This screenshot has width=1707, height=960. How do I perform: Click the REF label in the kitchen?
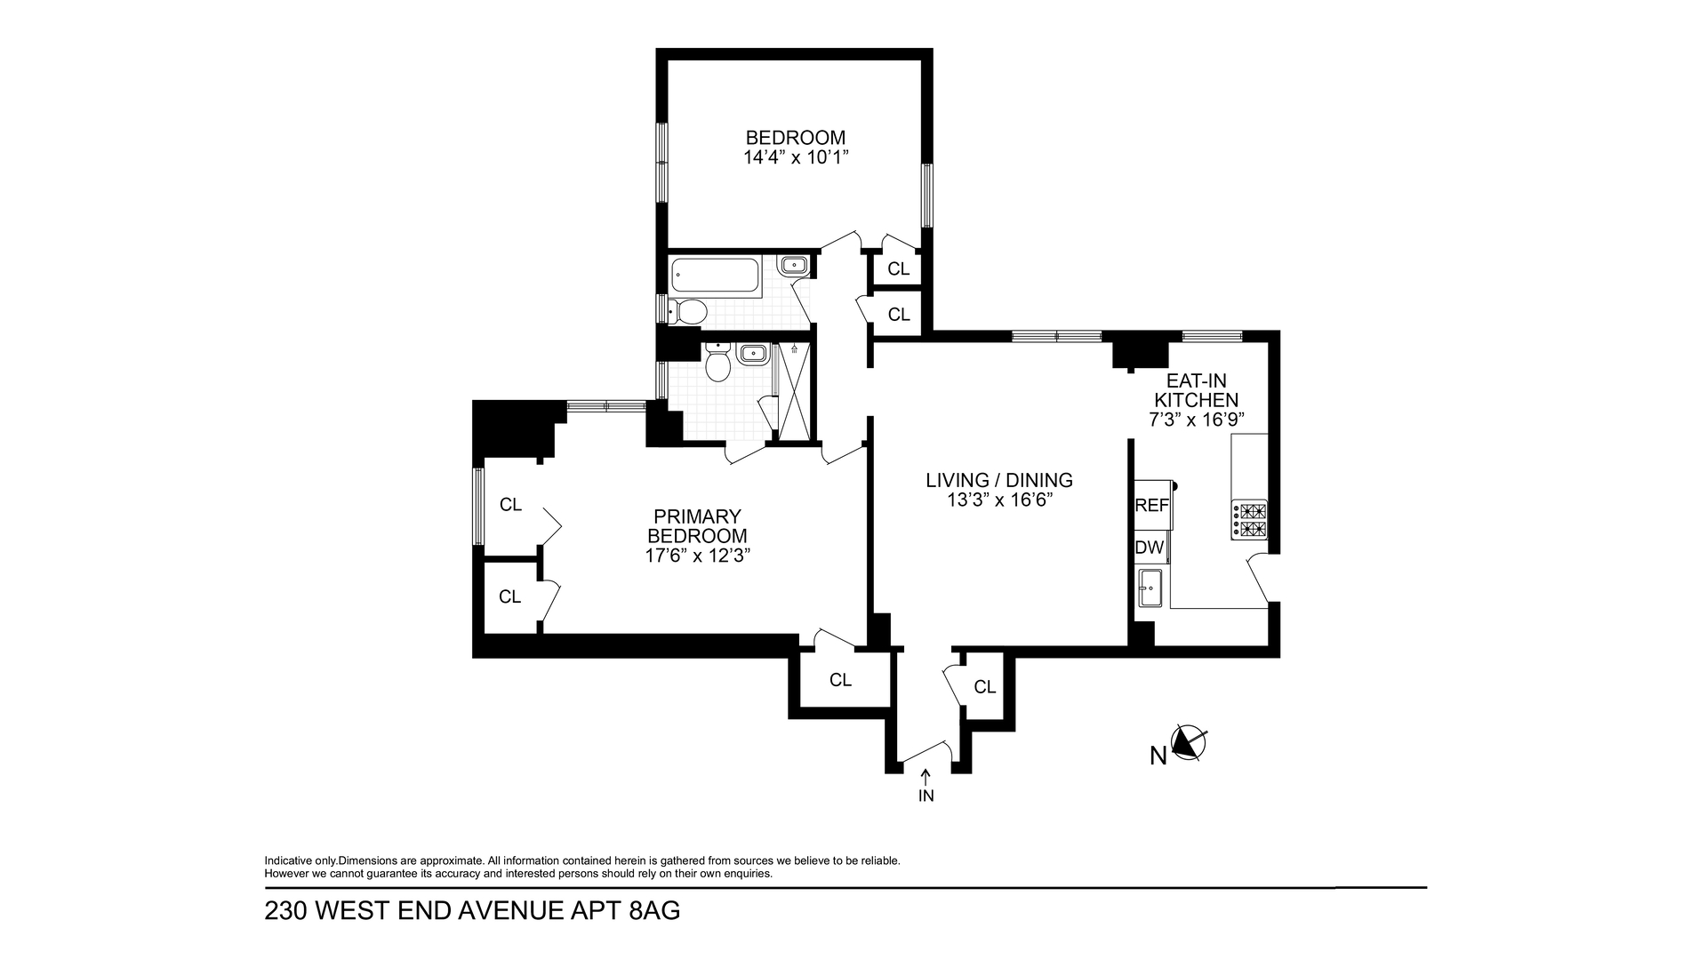click(1152, 505)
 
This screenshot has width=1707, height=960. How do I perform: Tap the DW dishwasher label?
click(1150, 548)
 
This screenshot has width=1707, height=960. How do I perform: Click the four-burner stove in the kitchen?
click(1249, 520)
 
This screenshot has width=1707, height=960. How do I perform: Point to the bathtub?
click(716, 277)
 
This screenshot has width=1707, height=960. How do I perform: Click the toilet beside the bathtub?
click(687, 311)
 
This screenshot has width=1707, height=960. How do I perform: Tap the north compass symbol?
click(1187, 743)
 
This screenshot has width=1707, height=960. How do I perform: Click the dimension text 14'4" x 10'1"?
click(796, 158)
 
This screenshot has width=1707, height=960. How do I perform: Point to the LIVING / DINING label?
click(999, 480)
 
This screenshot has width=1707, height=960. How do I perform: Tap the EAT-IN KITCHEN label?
click(1196, 390)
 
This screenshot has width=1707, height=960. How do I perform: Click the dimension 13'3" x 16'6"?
click(999, 500)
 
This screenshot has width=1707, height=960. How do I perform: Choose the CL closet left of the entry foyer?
click(840, 680)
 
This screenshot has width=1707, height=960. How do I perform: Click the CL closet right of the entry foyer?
click(984, 687)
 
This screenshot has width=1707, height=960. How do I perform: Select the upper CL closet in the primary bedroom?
click(510, 505)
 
